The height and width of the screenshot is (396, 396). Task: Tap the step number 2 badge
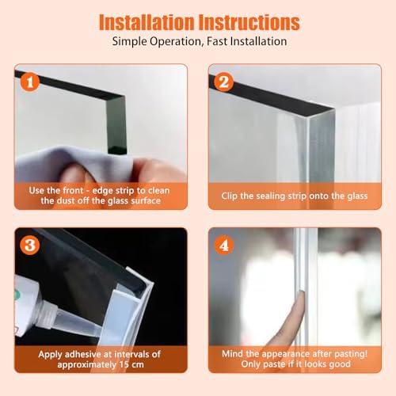[223, 81]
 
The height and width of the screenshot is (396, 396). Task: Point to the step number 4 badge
[223, 246]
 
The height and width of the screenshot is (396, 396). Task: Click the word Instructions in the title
[249, 21]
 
